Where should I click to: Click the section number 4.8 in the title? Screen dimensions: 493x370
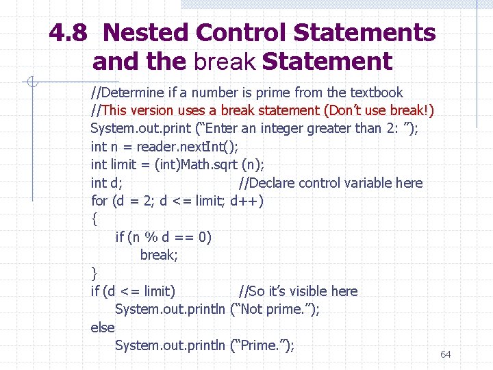click(x=71, y=32)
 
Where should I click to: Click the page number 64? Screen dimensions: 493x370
click(x=446, y=354)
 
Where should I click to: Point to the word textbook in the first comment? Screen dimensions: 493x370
click(x=376, y=92)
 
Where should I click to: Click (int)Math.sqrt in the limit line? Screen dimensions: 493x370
click(x=203, y=164)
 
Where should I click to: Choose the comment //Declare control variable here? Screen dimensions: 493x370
click(x=331, y=183)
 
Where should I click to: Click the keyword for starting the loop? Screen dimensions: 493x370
click(x=99, y=201)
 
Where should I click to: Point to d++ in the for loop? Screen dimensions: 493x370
click(x=246, y=201)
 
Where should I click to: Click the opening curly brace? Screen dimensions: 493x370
click(x=94, y=219)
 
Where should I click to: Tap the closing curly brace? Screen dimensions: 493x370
click(x=94, y=273)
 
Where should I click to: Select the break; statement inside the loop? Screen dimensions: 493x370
click(x=158, y=255)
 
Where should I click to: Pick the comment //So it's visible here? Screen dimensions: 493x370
click(x=298, y=291)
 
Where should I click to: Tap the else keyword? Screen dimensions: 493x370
click(x=103, y=328)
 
